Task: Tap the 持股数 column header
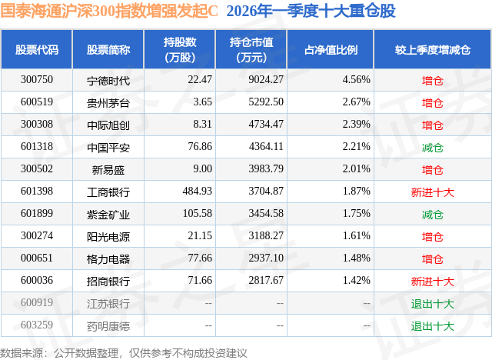pyautogui.click(x=180, y=50)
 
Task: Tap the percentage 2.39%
pyautogui.click(x=356, y=124)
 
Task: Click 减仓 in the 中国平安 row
pyautogui.click(x=433, y=147)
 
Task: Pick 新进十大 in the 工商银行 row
pyautogui.click(x=433, y=192)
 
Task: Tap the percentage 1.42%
pyautogui.click(x=356, y=281)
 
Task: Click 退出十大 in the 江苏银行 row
pyautogui.click(x=433, y=303)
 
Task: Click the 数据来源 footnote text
pyautogui.click(x=124, y=351)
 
